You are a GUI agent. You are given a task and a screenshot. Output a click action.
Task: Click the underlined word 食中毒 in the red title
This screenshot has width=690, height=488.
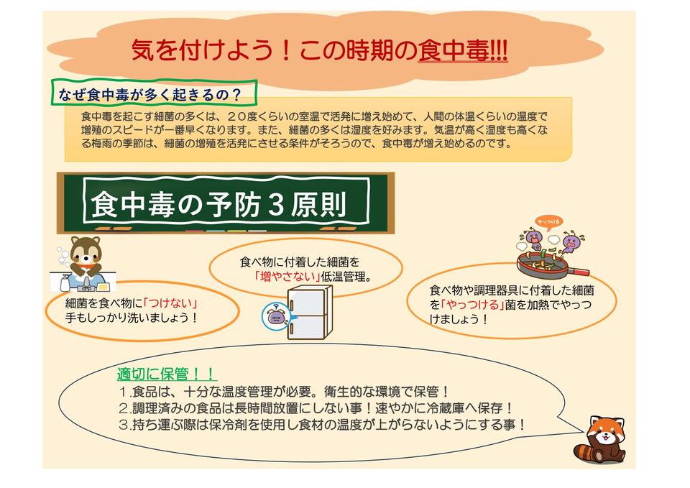pos(454,51)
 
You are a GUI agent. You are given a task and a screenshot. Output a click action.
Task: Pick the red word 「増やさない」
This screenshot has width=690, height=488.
pos(287,277)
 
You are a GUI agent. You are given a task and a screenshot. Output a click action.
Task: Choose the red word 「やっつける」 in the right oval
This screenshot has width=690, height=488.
pos(472,305)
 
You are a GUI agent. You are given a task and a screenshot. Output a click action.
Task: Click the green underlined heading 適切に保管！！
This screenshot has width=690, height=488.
pos(166,374)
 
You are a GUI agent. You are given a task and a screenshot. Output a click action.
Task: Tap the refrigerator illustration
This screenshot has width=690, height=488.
pos(310,312)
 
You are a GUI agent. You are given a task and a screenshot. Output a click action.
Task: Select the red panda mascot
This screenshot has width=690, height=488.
pos(600,440)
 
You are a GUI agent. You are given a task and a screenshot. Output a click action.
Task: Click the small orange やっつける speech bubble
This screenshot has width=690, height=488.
pos(548,222)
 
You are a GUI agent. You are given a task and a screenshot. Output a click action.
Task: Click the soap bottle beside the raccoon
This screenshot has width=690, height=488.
pos(65,282)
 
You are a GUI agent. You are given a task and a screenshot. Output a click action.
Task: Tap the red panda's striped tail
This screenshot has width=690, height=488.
pos(585,452)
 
